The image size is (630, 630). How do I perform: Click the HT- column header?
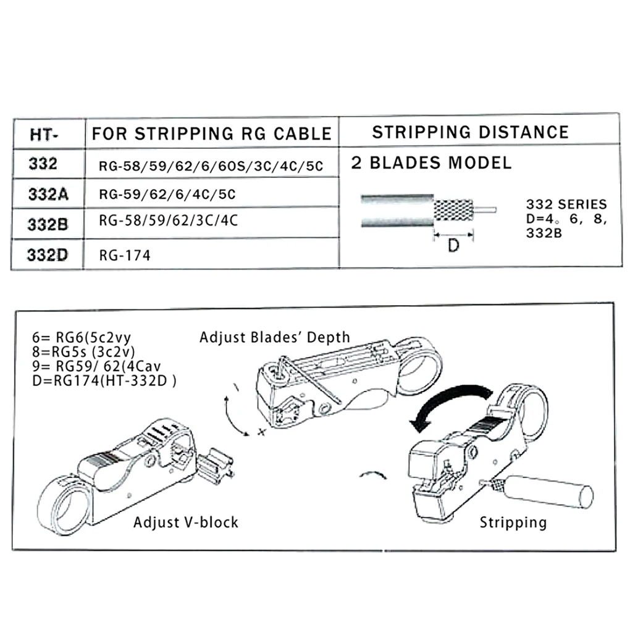pos(47,134)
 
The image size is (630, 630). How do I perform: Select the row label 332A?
pos(48,194)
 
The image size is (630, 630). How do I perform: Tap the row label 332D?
pos(48,254)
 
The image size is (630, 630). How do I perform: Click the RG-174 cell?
pos(124,254)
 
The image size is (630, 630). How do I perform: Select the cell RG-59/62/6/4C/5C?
pos(167,195)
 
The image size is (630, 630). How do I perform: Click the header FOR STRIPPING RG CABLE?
pos(212,133)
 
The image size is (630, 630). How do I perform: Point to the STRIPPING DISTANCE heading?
pos(470,132)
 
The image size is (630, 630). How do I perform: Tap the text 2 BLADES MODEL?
pos(431,163)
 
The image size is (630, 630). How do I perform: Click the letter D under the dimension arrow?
pos(453,246)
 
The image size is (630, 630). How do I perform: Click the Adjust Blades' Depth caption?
pos(274,337)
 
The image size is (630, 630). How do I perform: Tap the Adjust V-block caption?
pos(185,523)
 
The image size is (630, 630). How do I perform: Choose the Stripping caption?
pos(513,523)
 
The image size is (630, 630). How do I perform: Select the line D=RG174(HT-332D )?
pos(105,380)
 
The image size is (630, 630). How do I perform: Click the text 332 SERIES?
pos(566,204)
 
